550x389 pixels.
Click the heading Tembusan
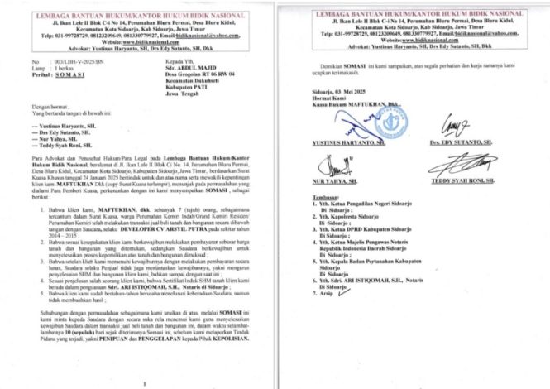pos(318,219)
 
